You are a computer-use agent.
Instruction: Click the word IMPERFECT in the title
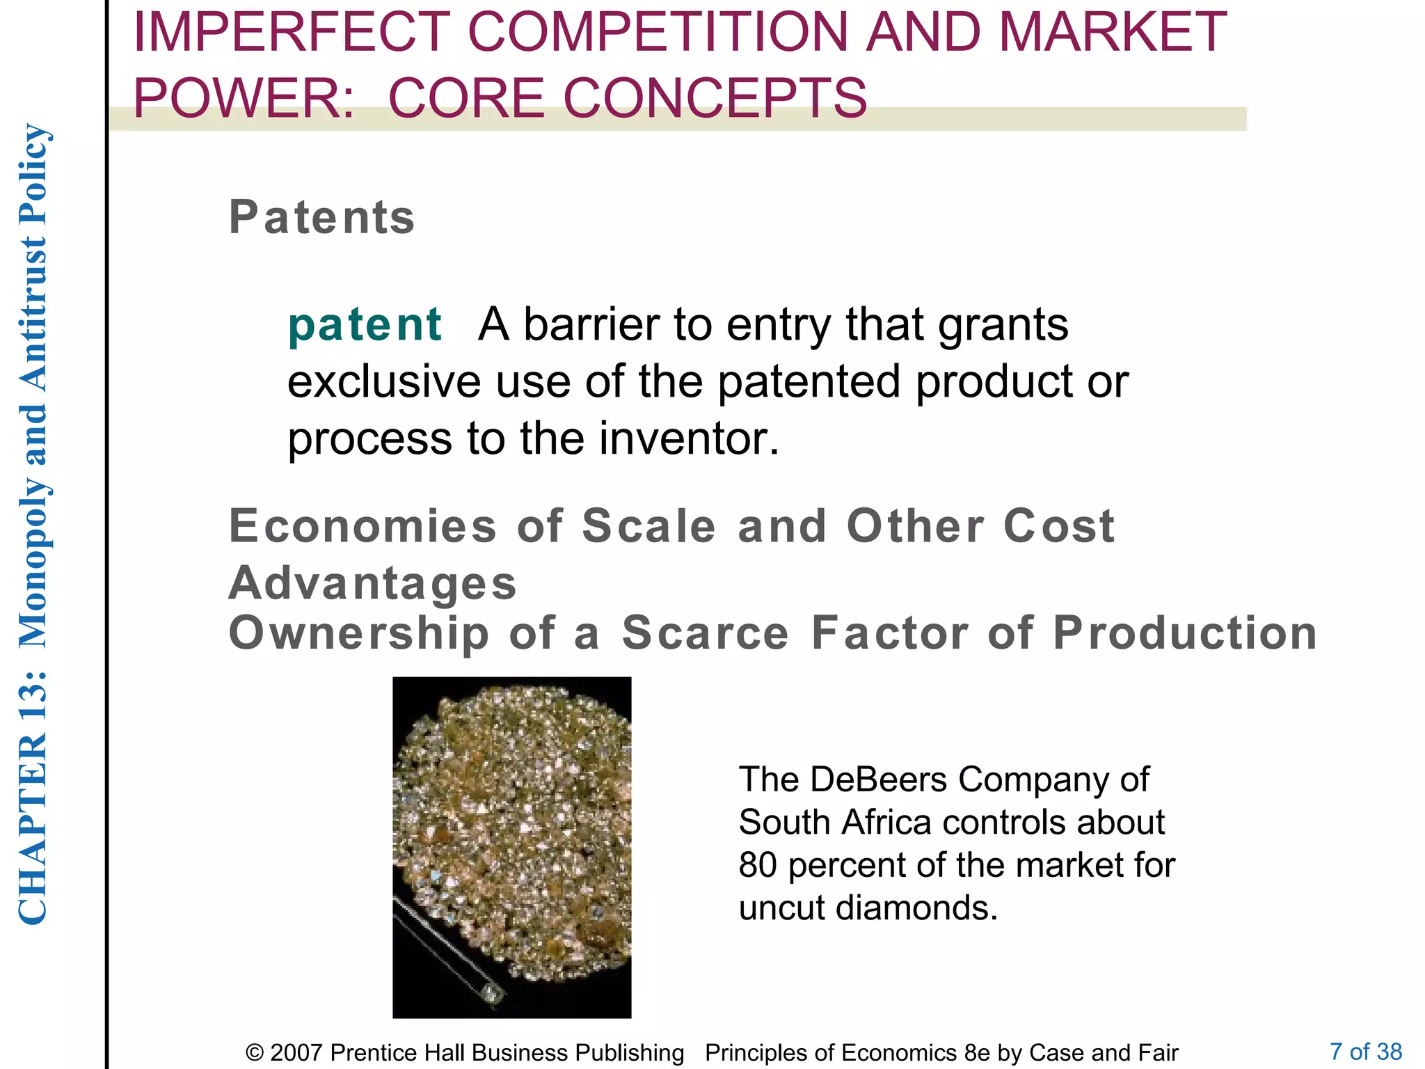[x=291, y=32]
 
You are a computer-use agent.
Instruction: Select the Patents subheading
[x=321, y=217]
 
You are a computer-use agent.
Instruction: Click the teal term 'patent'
[x=365, y=325]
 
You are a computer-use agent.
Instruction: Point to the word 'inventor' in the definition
[x=689, y=439]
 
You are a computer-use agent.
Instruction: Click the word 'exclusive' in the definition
[x=384, y=382]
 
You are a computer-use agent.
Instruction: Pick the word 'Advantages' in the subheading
[x=373, y=583]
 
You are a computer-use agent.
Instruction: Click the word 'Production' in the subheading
[x=1184, y=633]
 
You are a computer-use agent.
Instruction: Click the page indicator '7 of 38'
[x=1365, y=1051]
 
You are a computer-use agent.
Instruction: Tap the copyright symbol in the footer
[x=255, y=1053]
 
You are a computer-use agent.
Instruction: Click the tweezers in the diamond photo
[x=445, y=947]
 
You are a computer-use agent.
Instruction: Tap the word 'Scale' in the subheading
[x=648, y=526]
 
